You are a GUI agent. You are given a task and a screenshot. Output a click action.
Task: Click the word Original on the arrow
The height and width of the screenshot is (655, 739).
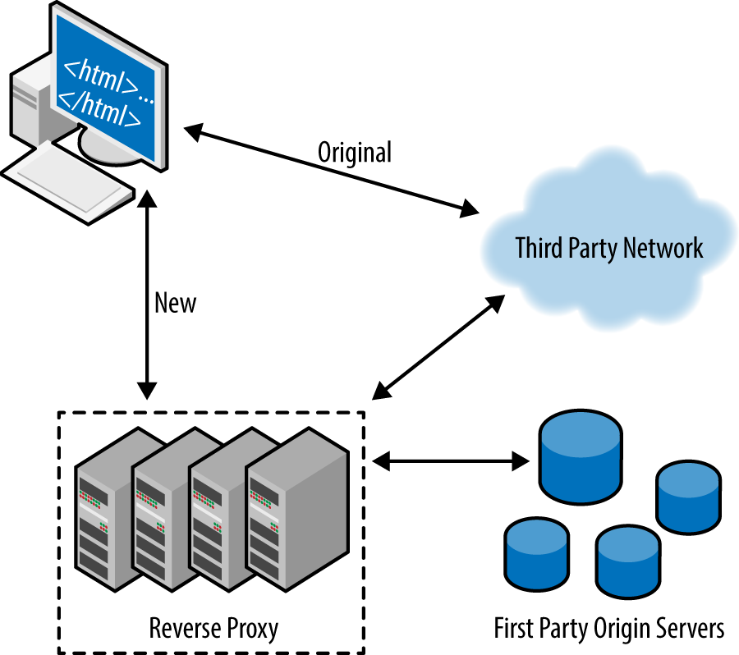(355, 152)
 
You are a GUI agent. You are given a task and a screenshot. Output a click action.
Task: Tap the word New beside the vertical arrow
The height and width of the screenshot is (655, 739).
(176, 303)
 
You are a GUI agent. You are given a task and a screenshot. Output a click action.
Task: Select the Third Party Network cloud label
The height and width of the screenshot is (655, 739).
(608, 248)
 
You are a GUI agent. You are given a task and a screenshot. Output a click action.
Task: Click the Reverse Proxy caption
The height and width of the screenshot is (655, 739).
(213, 629)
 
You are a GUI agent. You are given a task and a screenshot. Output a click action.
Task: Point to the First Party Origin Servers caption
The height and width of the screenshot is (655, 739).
(608, 629)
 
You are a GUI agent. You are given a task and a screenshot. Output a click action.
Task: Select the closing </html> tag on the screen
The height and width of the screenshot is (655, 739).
(101, 111)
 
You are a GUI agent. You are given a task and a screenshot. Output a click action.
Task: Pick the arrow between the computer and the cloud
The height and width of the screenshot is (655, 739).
(328, 171)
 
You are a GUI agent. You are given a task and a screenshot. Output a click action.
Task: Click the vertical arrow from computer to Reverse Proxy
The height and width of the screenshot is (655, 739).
(147, 295)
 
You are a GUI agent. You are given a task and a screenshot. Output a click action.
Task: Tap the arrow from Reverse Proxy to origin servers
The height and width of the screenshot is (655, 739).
(449, 460)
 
